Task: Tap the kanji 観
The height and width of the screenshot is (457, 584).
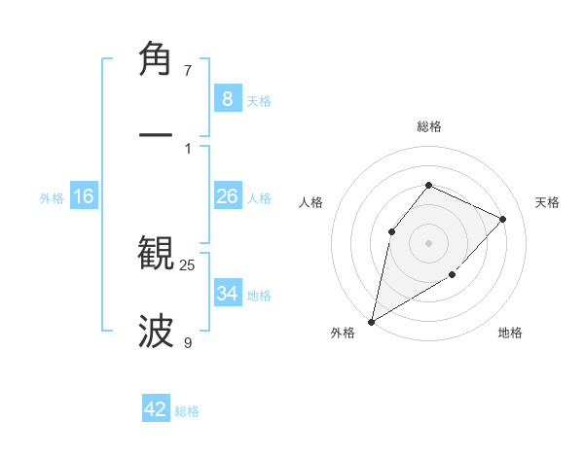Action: pos(157,253)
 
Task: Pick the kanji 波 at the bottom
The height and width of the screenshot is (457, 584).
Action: pos(157,332)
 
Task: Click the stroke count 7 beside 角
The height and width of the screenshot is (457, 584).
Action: pos(188,71)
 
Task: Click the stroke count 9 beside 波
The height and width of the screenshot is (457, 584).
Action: pos(188,343)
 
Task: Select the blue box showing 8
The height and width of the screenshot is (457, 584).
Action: pos(227,98)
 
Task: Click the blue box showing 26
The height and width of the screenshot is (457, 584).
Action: pos(227,196)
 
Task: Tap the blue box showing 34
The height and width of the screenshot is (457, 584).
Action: pos(227,293)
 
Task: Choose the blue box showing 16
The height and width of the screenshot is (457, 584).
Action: pos(84,196)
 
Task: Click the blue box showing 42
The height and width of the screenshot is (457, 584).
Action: pos(156,409)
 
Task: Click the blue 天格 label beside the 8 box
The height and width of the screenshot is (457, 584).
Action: pos(259,100)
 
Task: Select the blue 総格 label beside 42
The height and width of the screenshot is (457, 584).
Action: pos(187,411)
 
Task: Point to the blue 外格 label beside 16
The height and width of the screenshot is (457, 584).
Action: pos(52,198)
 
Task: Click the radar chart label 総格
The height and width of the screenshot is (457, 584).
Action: pos(428,126)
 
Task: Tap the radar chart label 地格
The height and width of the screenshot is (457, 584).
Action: pos(510,333)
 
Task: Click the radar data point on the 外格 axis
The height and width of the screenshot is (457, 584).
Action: pos(371,321)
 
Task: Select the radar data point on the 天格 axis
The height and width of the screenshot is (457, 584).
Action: pos(503,219)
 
